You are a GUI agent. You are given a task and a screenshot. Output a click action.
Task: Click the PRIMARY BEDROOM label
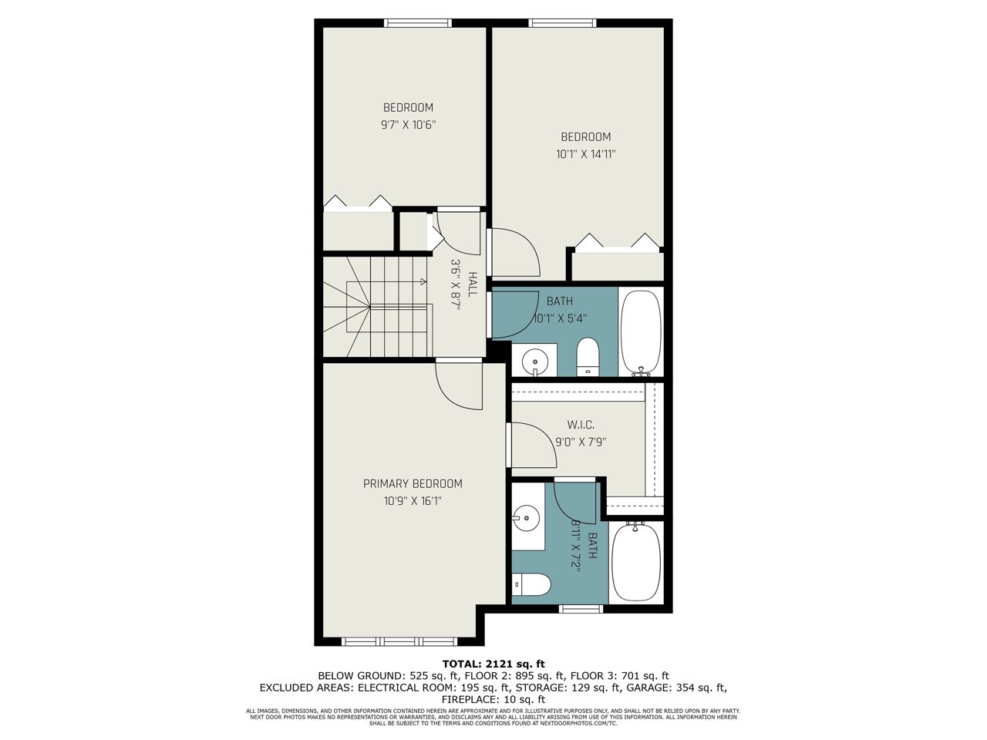(413, 484)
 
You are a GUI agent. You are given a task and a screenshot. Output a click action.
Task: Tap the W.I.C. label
(581, 425)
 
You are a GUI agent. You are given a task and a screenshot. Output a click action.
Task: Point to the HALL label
(472, 284)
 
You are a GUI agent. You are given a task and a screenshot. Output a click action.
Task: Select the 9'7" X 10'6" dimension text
(409, 124)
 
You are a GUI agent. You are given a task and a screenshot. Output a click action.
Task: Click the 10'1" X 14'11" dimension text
(585, 154)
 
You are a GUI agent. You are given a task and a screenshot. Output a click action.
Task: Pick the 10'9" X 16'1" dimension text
(413, 500)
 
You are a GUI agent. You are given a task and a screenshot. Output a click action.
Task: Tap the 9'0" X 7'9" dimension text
(581, 442)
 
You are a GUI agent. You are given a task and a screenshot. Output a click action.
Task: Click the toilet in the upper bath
(588, 357)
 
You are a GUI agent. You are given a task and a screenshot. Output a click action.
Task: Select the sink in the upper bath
(535, 361)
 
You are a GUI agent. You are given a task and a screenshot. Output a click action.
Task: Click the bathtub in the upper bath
(641, 332)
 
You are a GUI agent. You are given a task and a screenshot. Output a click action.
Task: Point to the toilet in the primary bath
(531, 584)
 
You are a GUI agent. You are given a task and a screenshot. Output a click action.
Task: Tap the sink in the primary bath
(526, 518)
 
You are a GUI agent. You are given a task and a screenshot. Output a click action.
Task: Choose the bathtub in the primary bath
(636, 562)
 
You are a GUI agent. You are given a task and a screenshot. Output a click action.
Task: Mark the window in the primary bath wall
(580, 609)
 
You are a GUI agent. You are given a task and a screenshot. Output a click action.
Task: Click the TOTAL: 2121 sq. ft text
(493, 664)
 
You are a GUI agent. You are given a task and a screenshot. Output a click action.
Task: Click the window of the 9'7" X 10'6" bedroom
(417, 23)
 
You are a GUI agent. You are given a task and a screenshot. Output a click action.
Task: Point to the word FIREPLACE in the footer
(467, 700)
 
